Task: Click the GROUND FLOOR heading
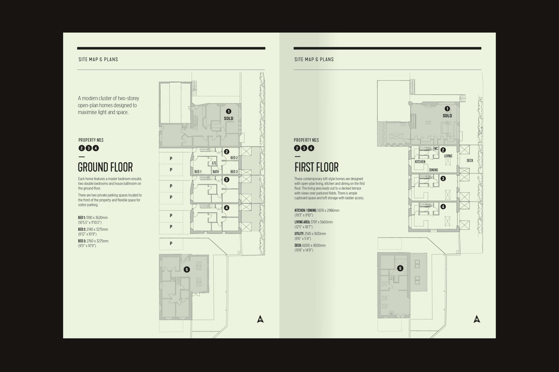coord(105,167)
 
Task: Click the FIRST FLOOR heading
coord(316,167)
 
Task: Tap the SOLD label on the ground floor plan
coord(228,118)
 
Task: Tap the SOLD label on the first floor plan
coord(447,116)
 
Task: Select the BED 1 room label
coord(198,172)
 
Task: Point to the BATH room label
coord(216,172)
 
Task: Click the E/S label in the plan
coord(214,163)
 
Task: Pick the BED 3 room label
coord(234,172)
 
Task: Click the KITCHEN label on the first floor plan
coord(420,162)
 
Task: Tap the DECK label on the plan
coord(470,160)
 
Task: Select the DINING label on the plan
coord(434,170)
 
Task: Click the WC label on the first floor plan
coord(436,149)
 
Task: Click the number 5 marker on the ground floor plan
coord(187,269)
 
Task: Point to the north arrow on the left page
coord(260,319)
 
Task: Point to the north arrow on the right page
coord(477,319)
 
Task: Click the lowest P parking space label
coord(171,243)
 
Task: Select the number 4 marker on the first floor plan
coord(443,207)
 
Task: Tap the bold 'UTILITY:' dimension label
coord(299,234)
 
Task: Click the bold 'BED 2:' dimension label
coord(82,229)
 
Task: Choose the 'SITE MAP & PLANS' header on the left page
coord(98,59)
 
